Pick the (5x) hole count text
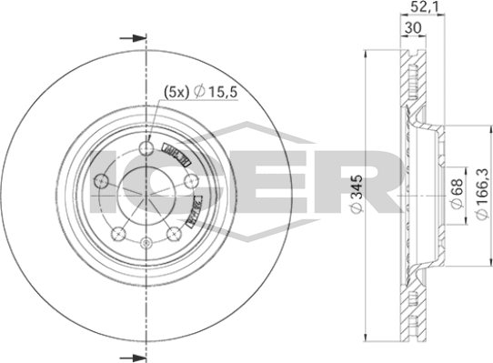175,91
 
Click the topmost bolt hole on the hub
146,149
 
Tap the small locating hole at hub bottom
146,241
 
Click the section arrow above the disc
133,38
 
